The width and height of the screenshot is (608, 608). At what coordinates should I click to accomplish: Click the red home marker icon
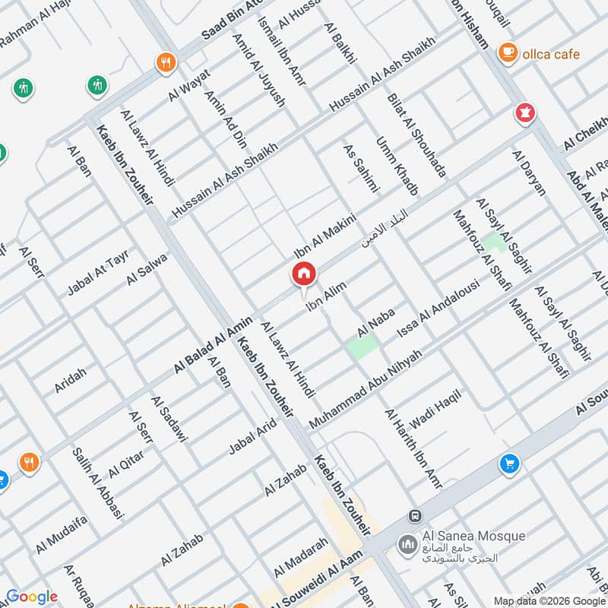pos(303,274)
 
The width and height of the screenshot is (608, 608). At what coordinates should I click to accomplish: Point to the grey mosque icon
pos(408,545)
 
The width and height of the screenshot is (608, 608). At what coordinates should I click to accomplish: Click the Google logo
pos(31,597)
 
